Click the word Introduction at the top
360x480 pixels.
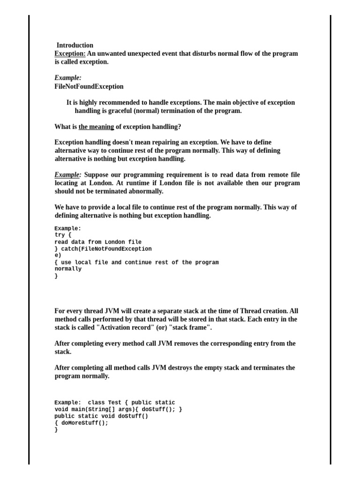(x=75, y=45)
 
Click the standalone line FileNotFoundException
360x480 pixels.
(x=89, y=86)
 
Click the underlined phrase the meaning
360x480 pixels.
(x=96, y=127)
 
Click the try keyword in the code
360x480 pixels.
(x=60, y=235)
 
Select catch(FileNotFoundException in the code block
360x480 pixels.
(x=106, y=249)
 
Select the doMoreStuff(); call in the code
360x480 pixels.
(x=84, y=423)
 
